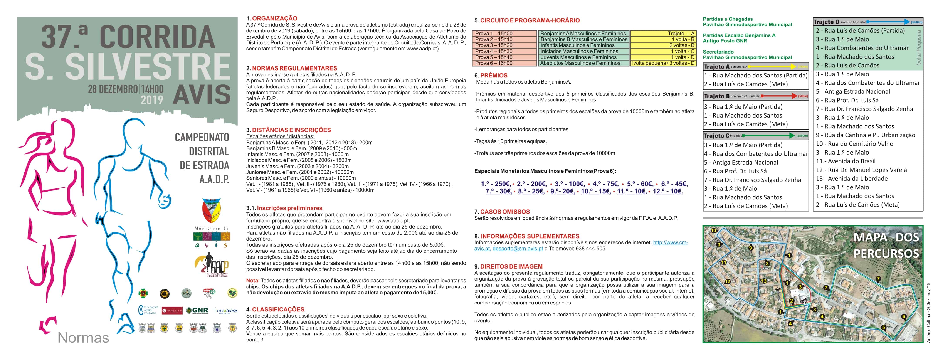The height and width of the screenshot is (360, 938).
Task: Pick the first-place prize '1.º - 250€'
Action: tap(495, 184)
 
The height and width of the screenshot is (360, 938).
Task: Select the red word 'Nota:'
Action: tap(253, 281)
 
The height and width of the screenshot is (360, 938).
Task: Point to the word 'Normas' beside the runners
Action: tap(83, 338)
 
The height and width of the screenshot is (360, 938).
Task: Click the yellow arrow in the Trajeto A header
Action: tap(772, 67)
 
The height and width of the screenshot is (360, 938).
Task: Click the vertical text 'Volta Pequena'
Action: tap(918, 47)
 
